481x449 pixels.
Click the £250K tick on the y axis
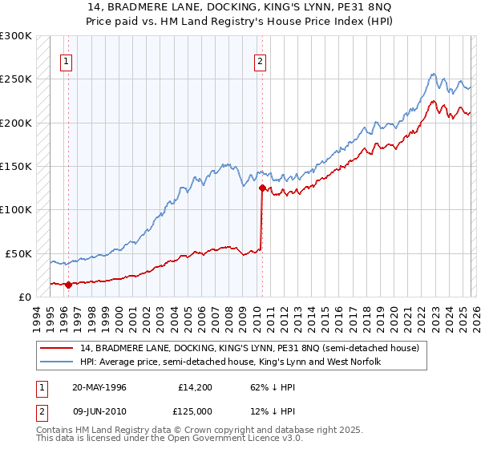[16, 79]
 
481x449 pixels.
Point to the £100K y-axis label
[16, 209]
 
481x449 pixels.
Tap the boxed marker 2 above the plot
[261, 59]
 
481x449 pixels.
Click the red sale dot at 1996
[68, 284]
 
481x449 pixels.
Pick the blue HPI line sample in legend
[58, 362]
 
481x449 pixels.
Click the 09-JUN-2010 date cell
[99, 413]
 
